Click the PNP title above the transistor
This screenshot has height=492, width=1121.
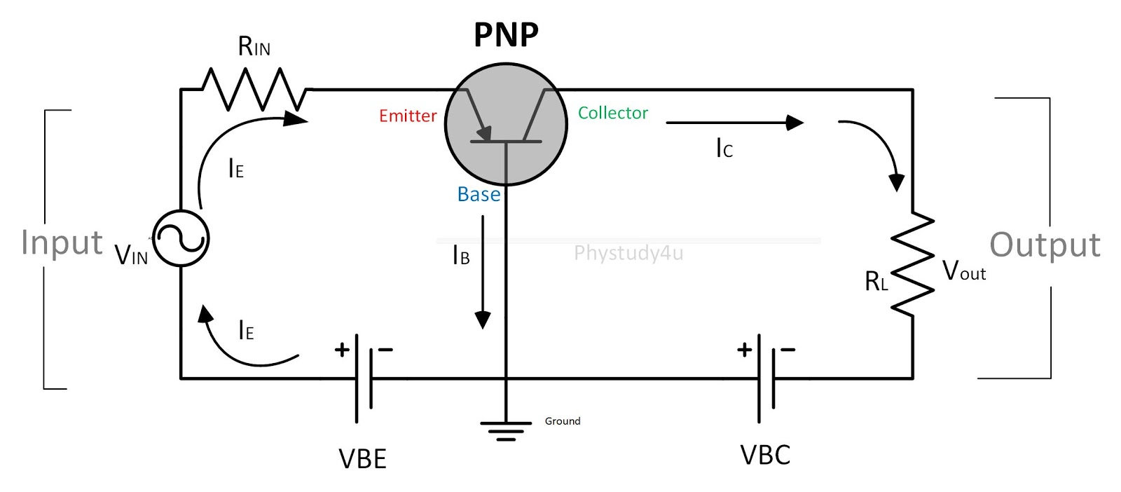point(506,35)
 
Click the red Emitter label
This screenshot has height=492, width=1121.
point(408,116)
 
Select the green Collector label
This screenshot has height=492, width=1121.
point(612,113)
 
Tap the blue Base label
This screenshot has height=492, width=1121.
point(479,194)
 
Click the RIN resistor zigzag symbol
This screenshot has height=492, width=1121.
point(254,90)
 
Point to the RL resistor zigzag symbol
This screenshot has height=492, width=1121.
point(912,263)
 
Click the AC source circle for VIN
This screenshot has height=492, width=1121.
point(181,239)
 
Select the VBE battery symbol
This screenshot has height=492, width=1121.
point(364,378)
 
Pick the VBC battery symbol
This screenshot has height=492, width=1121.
point(766,378)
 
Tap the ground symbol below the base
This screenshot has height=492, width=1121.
point(505,430)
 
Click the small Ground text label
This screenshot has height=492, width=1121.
point(563,421)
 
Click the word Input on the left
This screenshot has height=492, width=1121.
point(62,243)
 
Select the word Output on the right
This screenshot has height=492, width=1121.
point(1045,245)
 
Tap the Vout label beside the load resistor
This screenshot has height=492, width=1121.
point(963,271)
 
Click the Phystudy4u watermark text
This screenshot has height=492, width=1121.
point(628,253)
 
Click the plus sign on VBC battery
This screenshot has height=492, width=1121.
point(744,349)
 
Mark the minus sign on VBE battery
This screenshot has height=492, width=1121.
point(385,349)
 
